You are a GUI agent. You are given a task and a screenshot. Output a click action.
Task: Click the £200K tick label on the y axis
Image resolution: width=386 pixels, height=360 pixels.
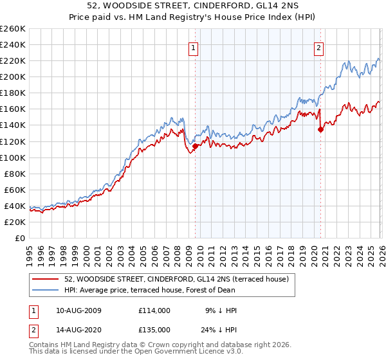13,76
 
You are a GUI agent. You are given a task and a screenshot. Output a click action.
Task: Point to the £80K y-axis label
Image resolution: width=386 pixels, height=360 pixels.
14,174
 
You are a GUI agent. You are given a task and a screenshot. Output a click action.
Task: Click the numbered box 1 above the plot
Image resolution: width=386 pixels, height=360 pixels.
194,47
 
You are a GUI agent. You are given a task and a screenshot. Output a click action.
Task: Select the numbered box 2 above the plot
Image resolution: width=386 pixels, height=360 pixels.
318,47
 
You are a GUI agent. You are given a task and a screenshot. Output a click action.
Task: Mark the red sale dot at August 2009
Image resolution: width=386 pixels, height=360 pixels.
195,146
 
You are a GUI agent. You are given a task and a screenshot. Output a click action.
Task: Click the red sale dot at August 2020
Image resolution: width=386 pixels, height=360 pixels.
320,129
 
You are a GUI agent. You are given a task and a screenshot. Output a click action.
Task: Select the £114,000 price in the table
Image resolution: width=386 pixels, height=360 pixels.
154,310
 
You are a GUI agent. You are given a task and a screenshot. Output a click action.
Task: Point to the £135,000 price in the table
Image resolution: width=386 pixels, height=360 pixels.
154,329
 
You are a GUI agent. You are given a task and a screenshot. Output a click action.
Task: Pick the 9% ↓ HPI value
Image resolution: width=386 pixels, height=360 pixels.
221,310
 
